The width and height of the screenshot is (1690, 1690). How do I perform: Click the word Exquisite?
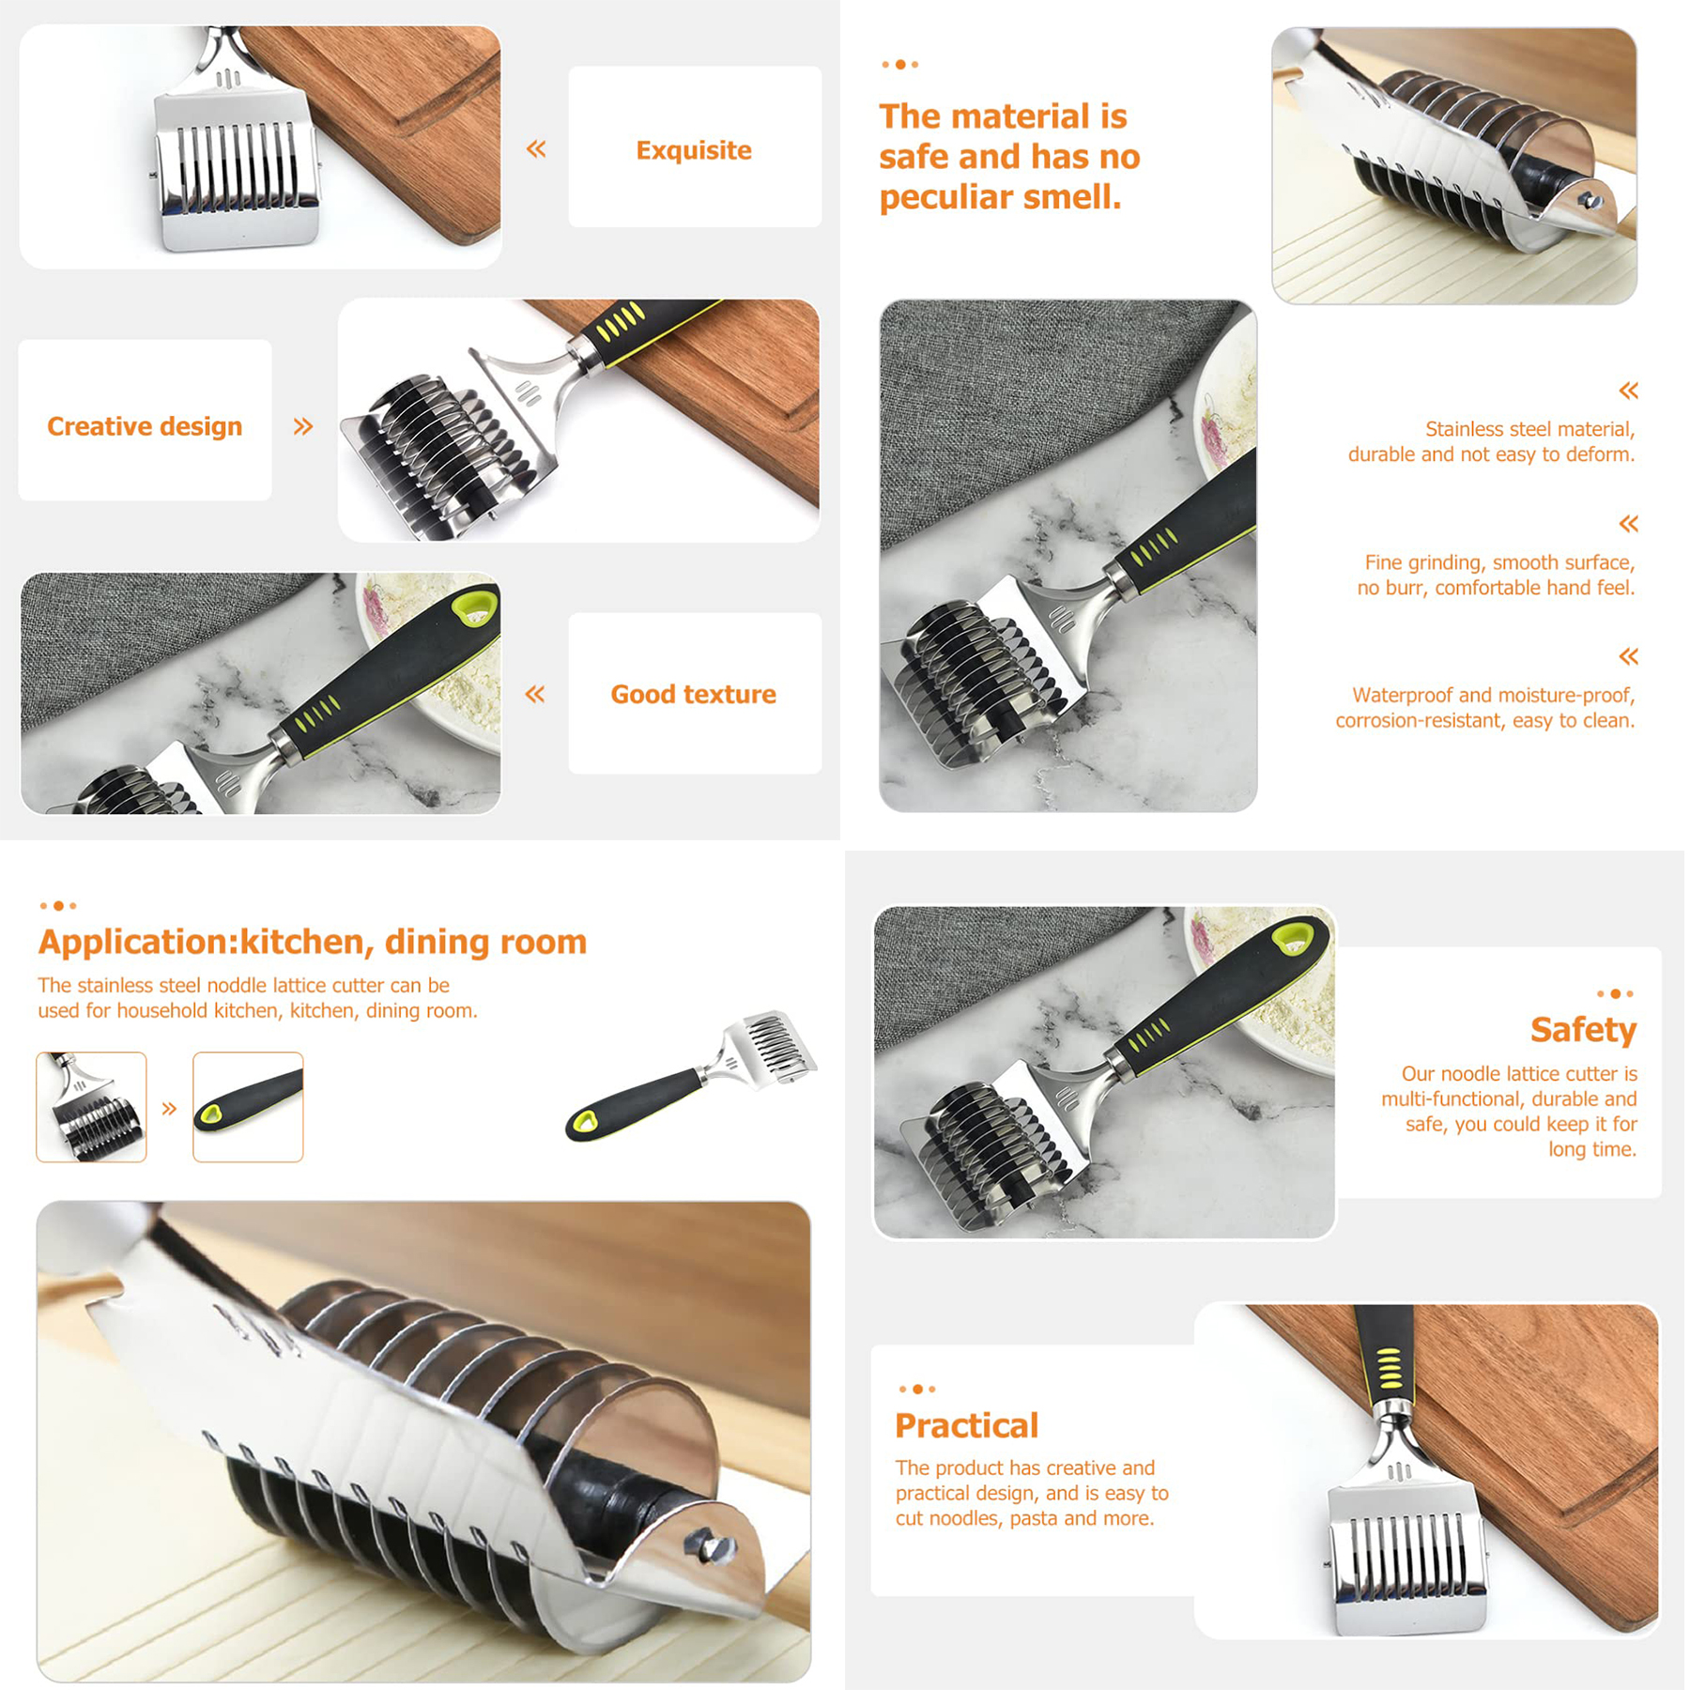click(694, 150)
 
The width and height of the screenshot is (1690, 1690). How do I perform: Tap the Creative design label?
click(145, 426)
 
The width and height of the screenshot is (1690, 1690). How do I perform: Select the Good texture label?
click(693, 694)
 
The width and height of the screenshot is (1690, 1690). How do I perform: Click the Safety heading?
click(1583, 1030)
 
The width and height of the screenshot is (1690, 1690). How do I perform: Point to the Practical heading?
click(966, 1425)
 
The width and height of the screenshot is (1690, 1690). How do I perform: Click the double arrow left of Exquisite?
click(536, 148)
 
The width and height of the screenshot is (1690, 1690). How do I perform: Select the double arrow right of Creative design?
click(302, 427)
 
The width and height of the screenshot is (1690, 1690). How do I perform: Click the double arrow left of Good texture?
click(535, 694)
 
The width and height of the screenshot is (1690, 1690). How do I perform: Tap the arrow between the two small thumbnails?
click(169, 1109)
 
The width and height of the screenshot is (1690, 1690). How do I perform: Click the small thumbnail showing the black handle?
click(248, 1107)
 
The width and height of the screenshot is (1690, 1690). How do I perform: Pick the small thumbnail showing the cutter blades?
click(91, 1107)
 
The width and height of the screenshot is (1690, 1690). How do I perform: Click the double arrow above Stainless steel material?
click(1628, 391)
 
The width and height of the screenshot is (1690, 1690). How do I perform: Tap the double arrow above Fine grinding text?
click(1628, 524)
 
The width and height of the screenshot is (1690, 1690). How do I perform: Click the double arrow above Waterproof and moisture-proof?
click(1628, 656)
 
